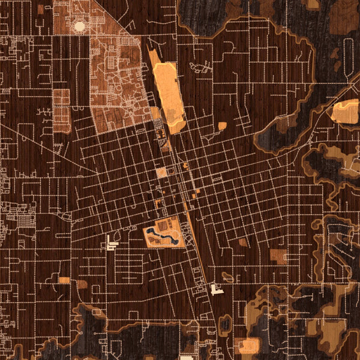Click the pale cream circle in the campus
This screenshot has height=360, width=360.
[79, 26]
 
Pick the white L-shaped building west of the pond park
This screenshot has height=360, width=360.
[110, 242]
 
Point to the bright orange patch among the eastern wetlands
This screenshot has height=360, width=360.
[345, 112]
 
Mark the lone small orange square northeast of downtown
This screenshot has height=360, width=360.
[223, 126]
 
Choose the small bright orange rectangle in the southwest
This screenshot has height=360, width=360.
[64, 280]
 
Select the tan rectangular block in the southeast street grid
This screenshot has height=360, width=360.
[278, 256]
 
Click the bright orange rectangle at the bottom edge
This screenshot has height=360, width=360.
[248, 345]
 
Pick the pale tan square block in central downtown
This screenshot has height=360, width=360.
[161, 173]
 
